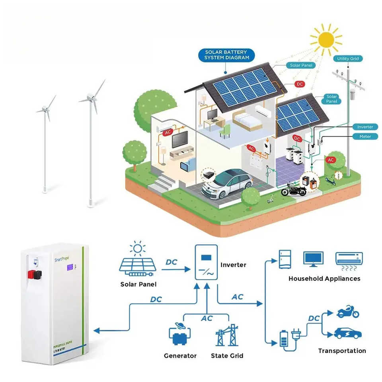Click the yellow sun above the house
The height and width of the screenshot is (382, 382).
(326, 39)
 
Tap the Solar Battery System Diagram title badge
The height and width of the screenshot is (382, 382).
(226, 55)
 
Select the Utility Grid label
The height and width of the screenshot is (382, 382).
(348, 58)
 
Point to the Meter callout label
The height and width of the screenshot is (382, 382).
(365, 136)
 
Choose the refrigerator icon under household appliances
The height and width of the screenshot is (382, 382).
(285, 259)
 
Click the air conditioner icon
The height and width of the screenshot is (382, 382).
(349, 259)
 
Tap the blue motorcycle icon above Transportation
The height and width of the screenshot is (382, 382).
(348, 312)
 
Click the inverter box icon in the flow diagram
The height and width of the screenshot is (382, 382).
(206, 263)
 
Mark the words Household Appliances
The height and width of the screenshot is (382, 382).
(324, 279)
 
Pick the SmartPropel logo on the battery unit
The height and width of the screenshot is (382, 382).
(62, 259)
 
